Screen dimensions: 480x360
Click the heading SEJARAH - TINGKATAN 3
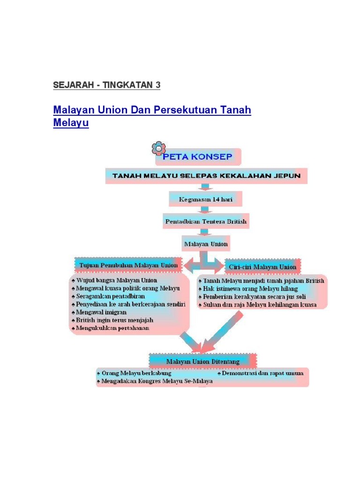pyautogui.click(x=107, y=85)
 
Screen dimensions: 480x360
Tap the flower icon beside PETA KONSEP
pyautogui.click(x=158, y=149)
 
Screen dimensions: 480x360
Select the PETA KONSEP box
pyautogui.click(x=197, y=157)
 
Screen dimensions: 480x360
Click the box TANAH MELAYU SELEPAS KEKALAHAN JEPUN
pyautogui.click(x=206, y=176)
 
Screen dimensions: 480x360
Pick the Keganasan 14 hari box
pyautogui.click(x=205, y=199)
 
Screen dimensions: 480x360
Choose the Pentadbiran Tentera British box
pyautogui.click(x=206, y=221)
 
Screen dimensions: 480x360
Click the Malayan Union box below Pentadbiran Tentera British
pyautogui.click(x=206, y=244)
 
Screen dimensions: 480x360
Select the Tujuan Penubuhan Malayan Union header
pyautogui.click(x=128, y=265)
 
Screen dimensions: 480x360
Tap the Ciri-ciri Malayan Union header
pyautogui.click(x=262, y=267)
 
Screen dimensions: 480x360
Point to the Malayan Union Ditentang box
pyautogui.click(x=202, y=361)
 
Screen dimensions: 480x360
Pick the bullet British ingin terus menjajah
pyautogui.click(x=115, y=320)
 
